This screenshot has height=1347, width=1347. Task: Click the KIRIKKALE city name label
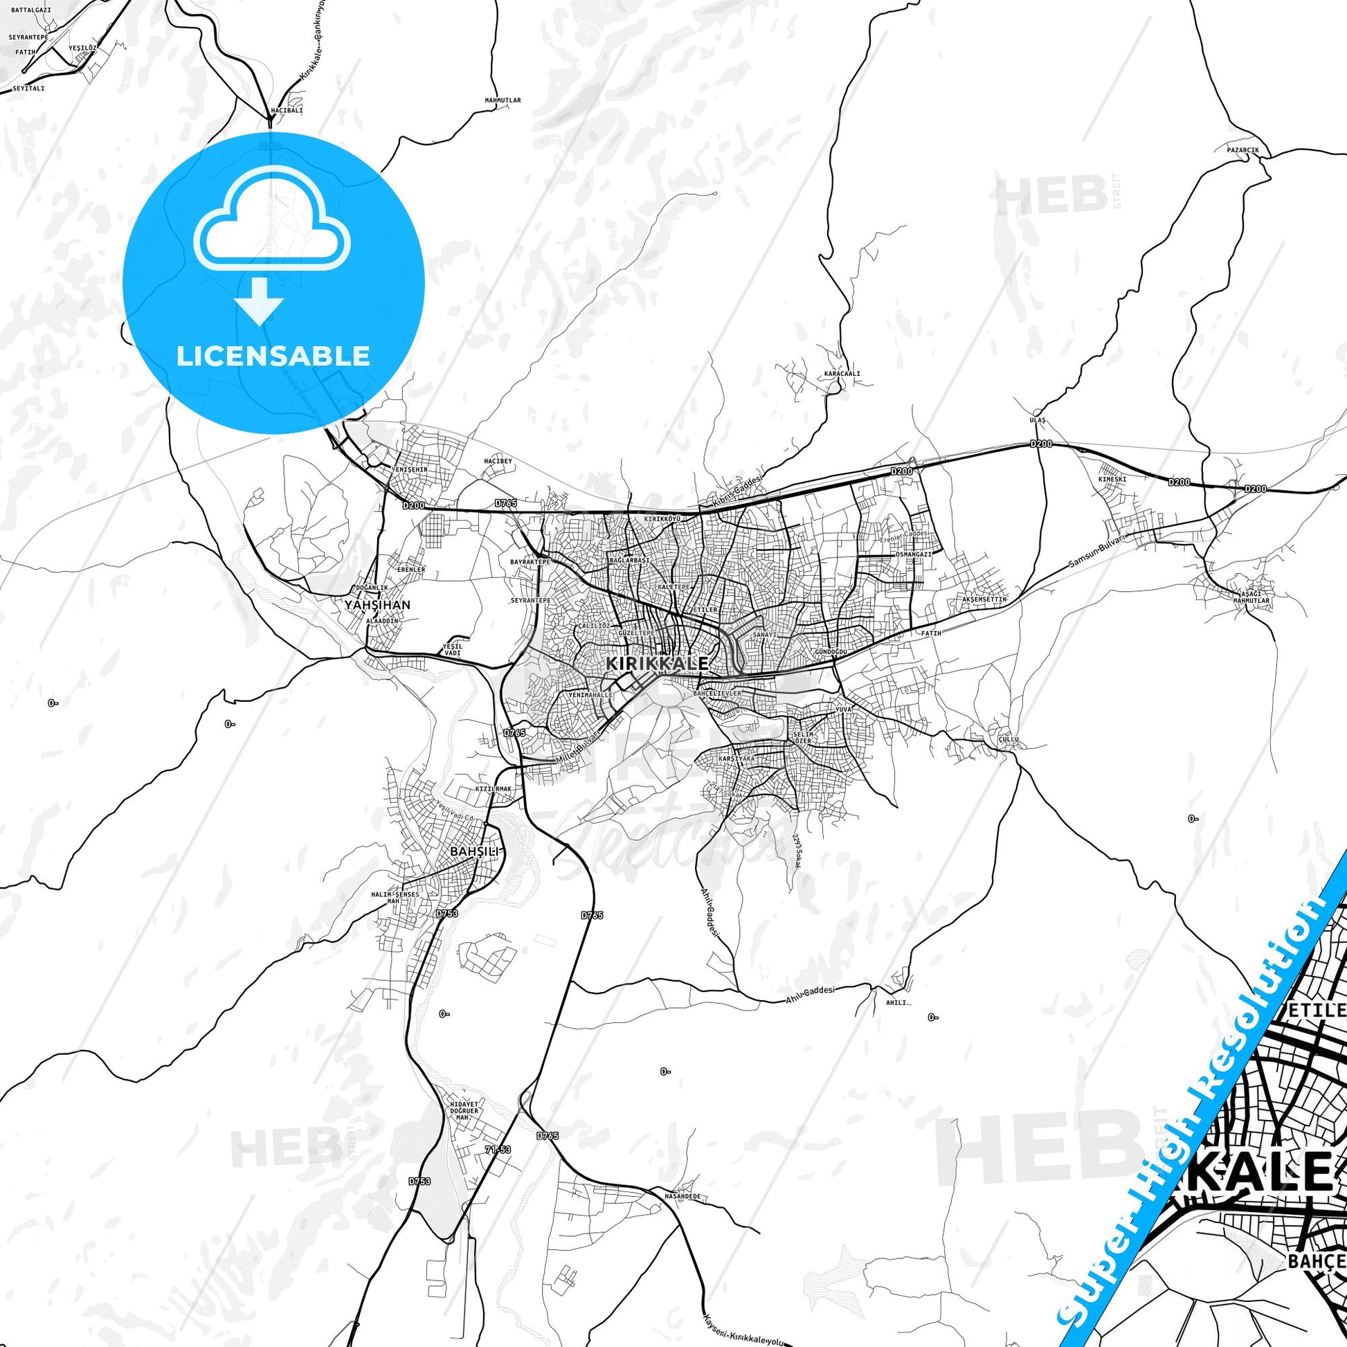pyautogui.click(x=658, y=663)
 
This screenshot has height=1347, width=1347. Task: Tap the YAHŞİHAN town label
pyautogui.click(x=377, y=604)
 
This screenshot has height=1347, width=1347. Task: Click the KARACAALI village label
pyautogui.click(x=842, y=373)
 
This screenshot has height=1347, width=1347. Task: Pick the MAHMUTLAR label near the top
pyautogui.click(x=503, y=100)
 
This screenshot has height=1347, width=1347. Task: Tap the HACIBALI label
pyautogui.click(x=287, y=110)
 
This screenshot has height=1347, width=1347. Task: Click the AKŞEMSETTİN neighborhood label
pyautogui.click(x=984, y=599)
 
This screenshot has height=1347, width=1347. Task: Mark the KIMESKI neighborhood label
pyautogui.click(x=1112, y=479)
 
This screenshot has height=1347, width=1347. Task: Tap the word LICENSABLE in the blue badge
pyautogui.click(x=273, y=356)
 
